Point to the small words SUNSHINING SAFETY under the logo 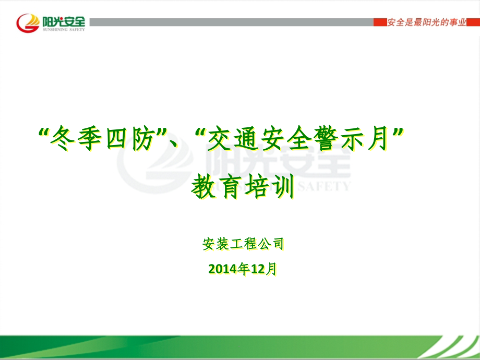click(x=62, y=30)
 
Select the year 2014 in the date click(x=222, y=269)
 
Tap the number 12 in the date click(x=257, y=269)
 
